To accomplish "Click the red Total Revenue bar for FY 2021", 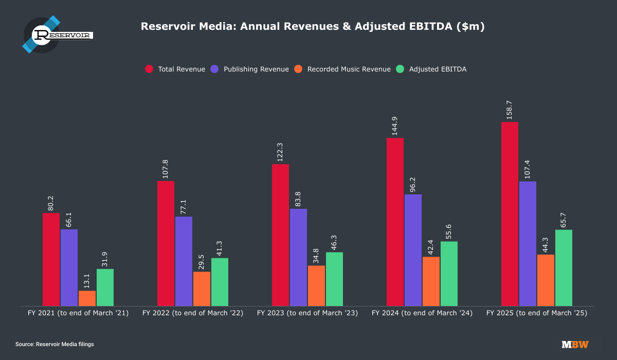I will [51, 260].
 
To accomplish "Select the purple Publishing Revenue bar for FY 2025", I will [528, 244].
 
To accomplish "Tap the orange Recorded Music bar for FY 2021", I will [87, 298].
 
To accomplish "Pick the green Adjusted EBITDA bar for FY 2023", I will [334, 279].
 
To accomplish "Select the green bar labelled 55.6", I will [449, 274].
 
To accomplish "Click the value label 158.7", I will [510, 110].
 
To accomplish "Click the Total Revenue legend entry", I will [175, 69].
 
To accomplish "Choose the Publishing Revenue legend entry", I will [250, 69].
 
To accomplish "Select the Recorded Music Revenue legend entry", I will [343, 69].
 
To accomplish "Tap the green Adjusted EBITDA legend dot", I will [401, 69].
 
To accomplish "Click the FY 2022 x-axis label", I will [193, 313].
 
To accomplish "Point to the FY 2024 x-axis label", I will [422, 313].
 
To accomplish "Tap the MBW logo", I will [575, 344].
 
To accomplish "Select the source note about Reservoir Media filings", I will [55, 344].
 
